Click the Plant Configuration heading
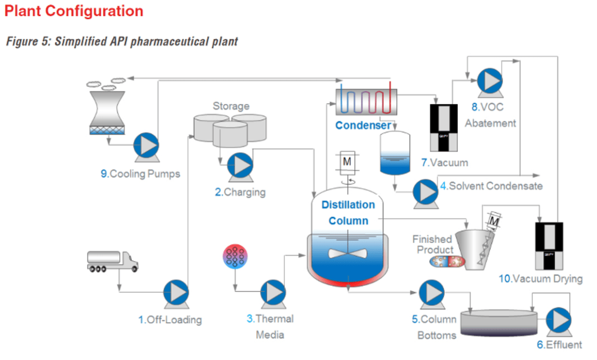tap(74, 11)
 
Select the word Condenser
tap(363, 125)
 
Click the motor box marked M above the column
tap(347, 163)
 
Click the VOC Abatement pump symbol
tap(490, 81)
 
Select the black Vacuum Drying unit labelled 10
tap(549, 245)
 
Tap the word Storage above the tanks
tap(231, 106)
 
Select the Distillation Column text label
tap(348, 212)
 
